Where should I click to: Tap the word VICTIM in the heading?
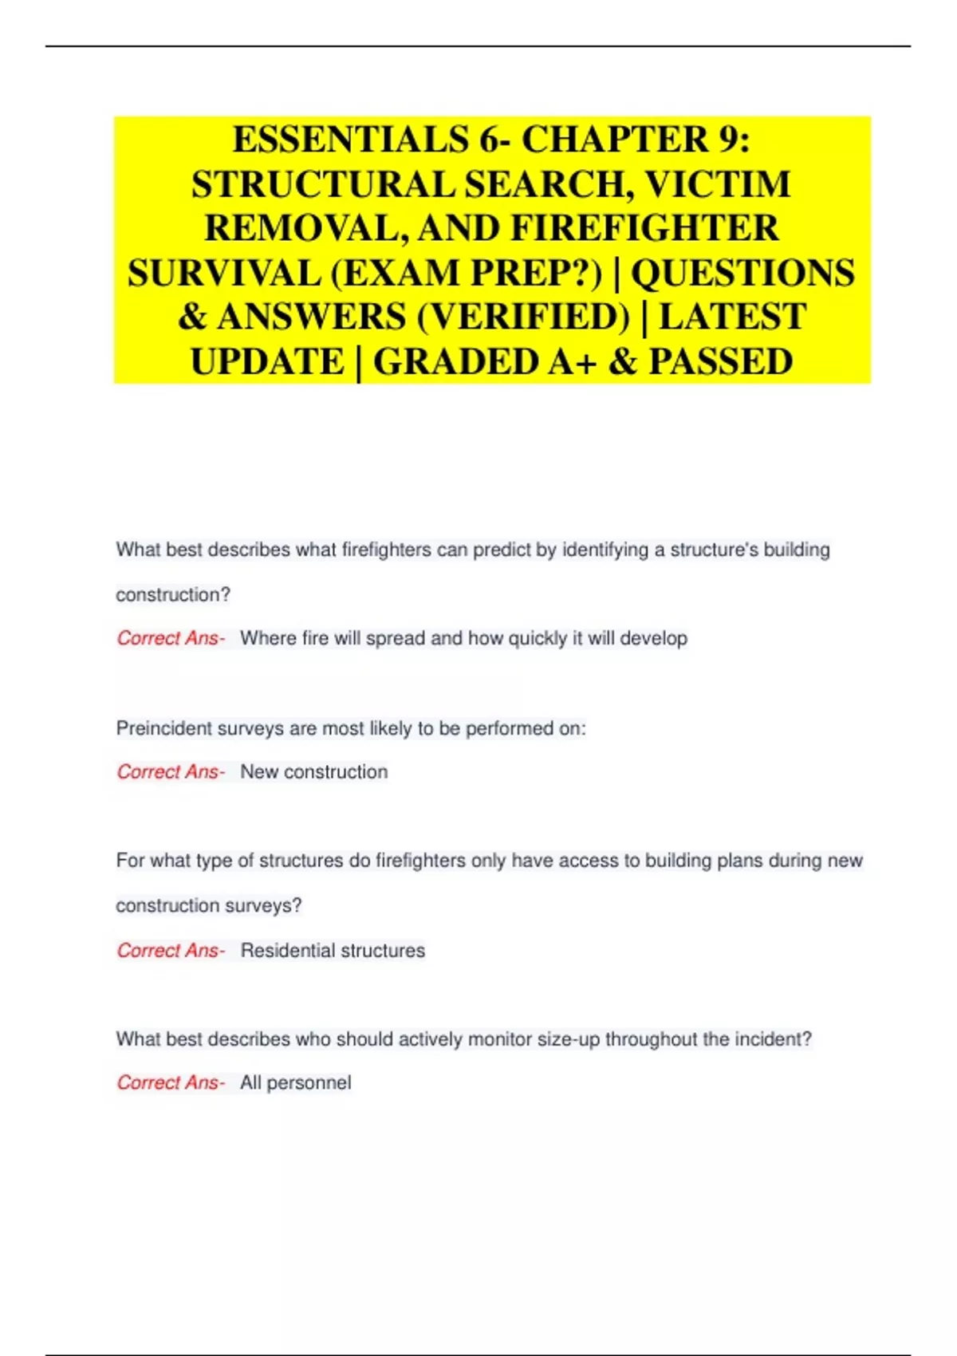tap(717, 185)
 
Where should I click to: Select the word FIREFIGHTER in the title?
tap(644, 229)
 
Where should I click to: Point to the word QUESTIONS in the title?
tap(743, 274)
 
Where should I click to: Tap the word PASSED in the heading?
tap(720, 362)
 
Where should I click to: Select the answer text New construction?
tap(313, 772)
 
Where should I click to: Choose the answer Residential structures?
tap(333, 951)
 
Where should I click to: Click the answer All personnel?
tap(295, 1083)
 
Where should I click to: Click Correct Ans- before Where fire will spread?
tap(171, 639)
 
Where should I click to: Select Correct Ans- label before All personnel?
tap(171, 1083)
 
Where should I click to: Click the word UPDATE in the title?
tap(266, 362)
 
